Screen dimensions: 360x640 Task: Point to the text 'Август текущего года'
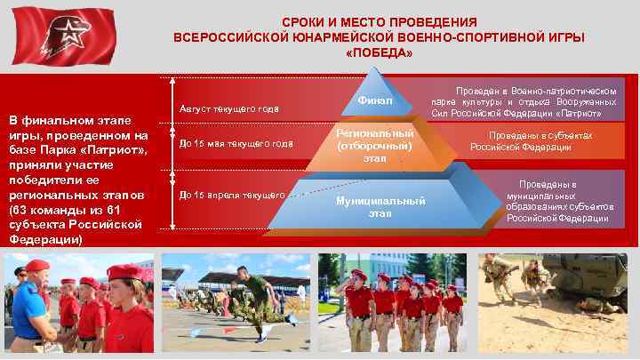tap(229, 109)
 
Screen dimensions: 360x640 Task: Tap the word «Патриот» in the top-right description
tap(581, 114)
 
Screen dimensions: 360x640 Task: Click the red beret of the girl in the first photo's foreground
tap(125, 272)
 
